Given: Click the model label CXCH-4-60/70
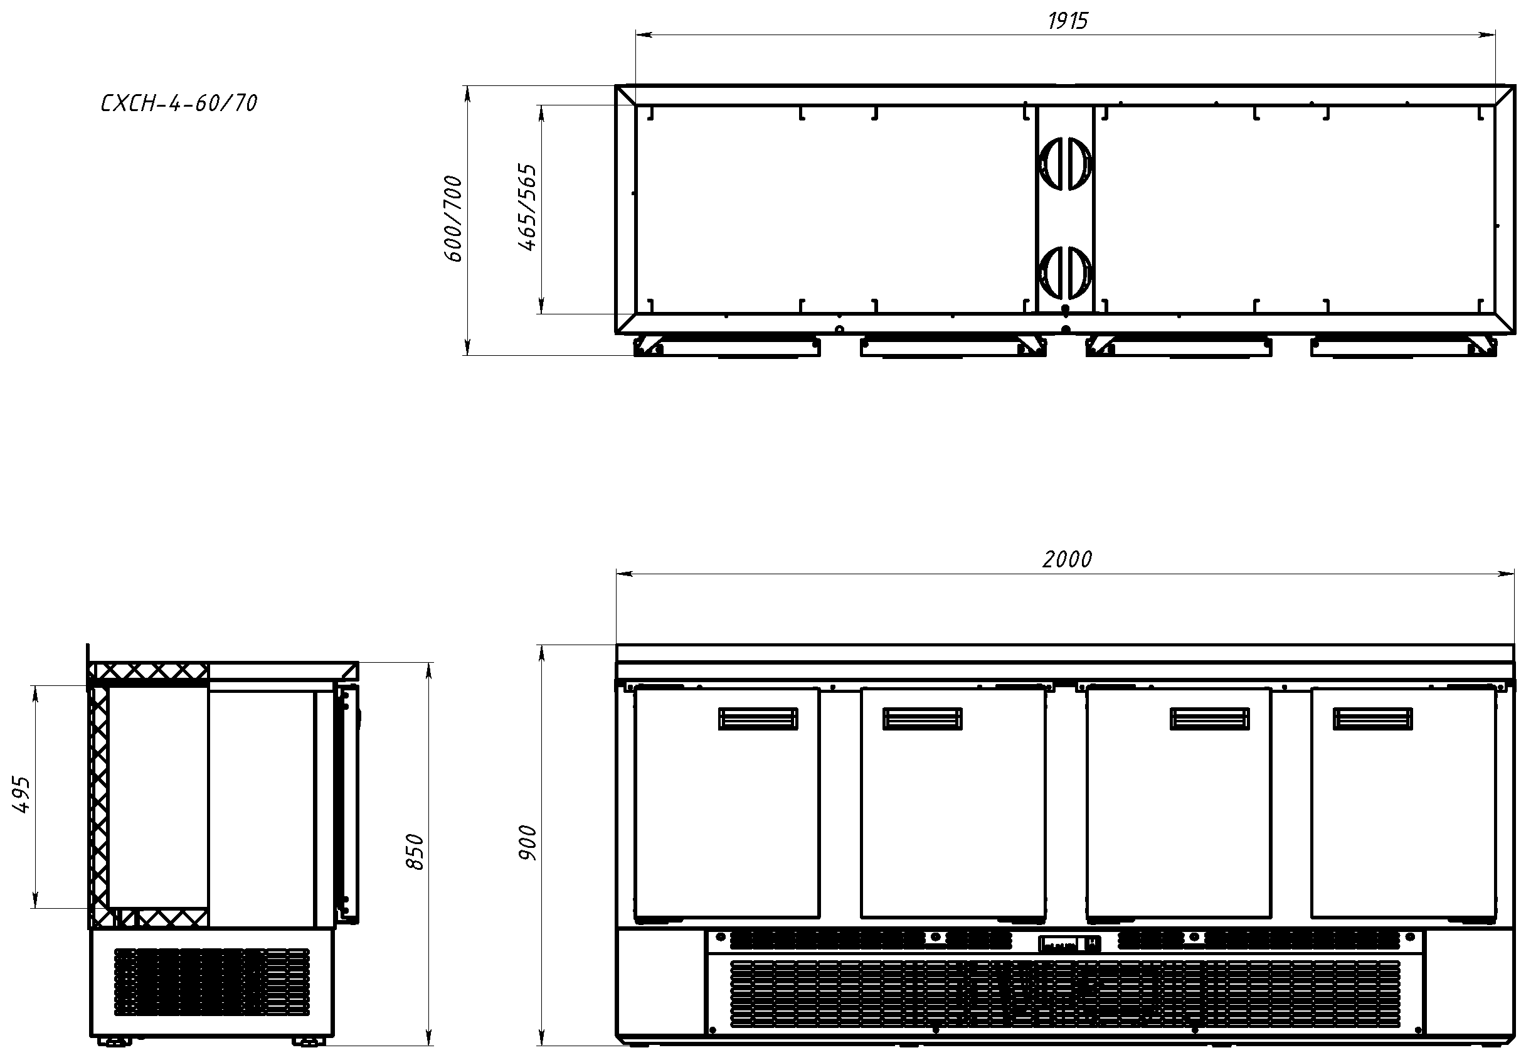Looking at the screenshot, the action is point(179,103).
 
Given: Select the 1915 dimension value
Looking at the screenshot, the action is point(1068,21).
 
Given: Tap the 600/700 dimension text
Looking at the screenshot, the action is point(453,218).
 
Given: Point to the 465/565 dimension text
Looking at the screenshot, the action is point(527,207).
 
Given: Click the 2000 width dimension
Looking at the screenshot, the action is point(1068,559).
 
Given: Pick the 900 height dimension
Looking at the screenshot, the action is point(527,843).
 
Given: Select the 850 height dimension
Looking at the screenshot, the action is point(414,852).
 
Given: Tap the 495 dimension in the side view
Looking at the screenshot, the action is point(22,795).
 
